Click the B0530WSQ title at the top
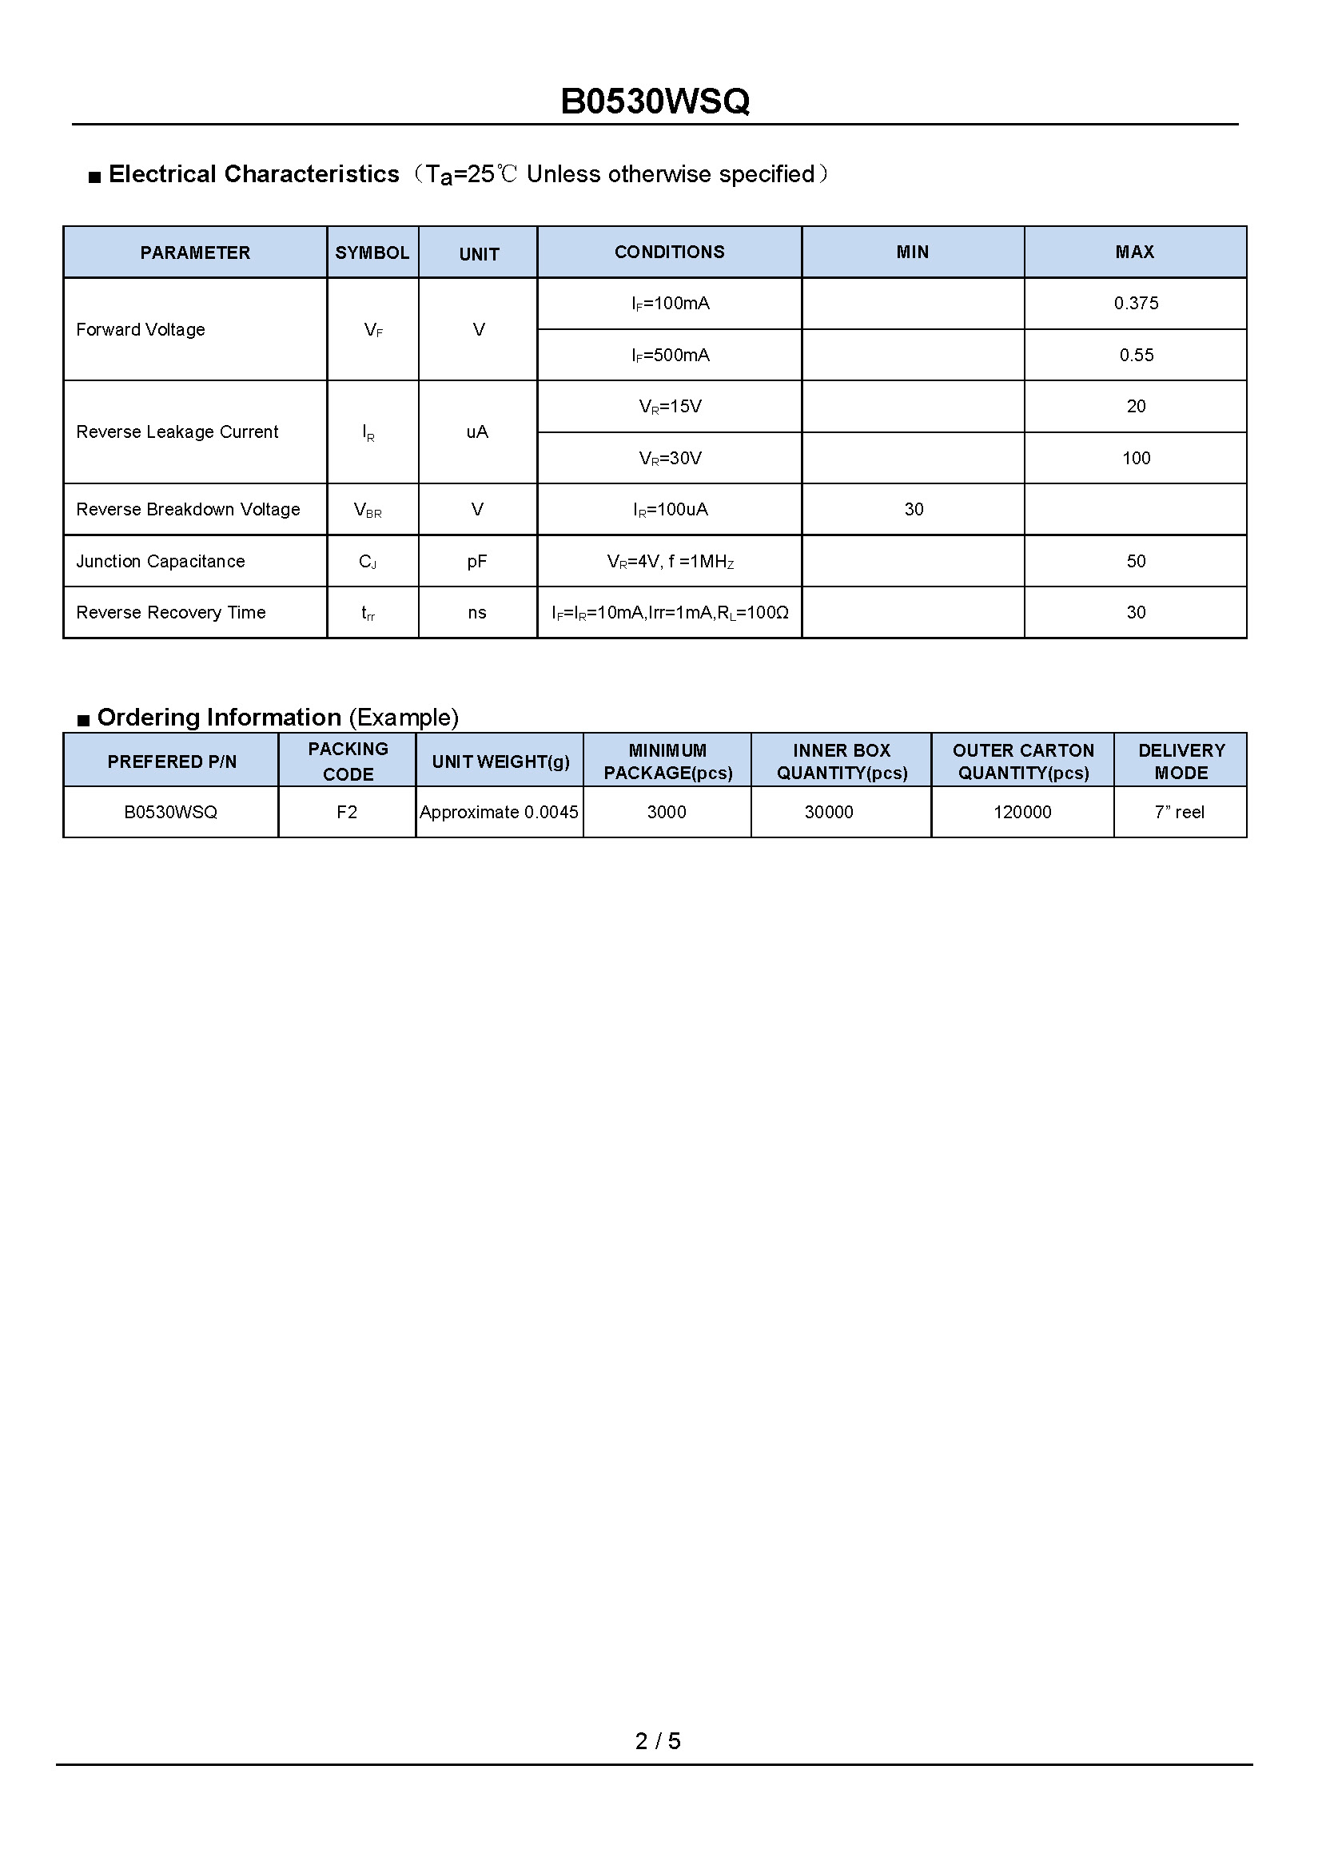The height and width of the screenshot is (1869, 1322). coord(655,101)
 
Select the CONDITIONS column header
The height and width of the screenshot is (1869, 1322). coord(669,253)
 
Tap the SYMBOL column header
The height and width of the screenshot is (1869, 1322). coord(372,253)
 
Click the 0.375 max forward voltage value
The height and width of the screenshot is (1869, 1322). coord(1136,304)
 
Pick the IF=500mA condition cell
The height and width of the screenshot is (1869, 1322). coord(670,355)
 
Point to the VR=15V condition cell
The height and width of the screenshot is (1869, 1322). coord(670,406)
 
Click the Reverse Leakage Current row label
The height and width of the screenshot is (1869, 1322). coord(177,431)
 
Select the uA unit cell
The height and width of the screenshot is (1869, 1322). coord(477,431)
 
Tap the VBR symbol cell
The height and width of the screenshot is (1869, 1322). coord(368,510)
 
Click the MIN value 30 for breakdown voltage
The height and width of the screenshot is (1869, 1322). coord(914,510)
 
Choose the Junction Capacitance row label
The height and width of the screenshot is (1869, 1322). coord(161,561)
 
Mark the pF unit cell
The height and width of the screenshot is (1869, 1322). coord(477,561)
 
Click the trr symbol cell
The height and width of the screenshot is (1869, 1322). coord(368,613)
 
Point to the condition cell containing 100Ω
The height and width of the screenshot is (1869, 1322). coord(670,613)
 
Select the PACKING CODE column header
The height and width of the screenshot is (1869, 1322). coord(348,762)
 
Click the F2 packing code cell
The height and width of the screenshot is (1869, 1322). coord(347,812)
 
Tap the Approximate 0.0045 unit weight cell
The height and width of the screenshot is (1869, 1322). coord(499,812)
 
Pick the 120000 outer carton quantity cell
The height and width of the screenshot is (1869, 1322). coord(1021,812)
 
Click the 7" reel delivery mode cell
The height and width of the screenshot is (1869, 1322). coord(1179,812)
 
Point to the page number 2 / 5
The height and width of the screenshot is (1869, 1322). coord(658,1740)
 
